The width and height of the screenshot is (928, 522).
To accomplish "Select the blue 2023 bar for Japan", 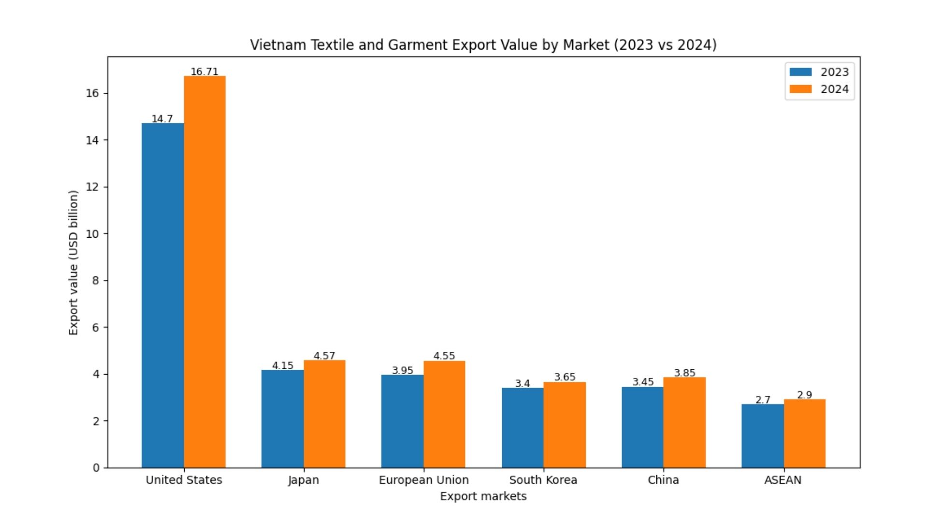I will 282,419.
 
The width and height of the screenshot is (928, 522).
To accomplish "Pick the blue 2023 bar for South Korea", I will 522,428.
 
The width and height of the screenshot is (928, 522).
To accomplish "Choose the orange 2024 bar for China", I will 684,422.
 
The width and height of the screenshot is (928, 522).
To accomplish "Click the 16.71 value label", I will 204,72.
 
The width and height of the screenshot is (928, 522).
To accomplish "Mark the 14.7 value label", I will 162,119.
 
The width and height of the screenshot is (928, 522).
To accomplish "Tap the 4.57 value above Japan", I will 324,356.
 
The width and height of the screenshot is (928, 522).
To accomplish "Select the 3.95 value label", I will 402,370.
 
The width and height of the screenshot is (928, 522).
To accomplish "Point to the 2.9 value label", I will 804,395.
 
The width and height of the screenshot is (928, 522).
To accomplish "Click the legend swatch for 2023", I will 800,72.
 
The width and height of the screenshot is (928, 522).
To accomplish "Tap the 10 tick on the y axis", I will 92,234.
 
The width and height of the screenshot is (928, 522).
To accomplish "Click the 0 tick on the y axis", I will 96,468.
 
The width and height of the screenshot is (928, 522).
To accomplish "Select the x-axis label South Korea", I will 543,480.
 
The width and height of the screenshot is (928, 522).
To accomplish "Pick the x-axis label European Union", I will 423,480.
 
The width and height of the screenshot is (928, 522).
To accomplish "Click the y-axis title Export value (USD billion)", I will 73,262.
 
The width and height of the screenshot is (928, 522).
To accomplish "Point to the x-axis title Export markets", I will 483,496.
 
